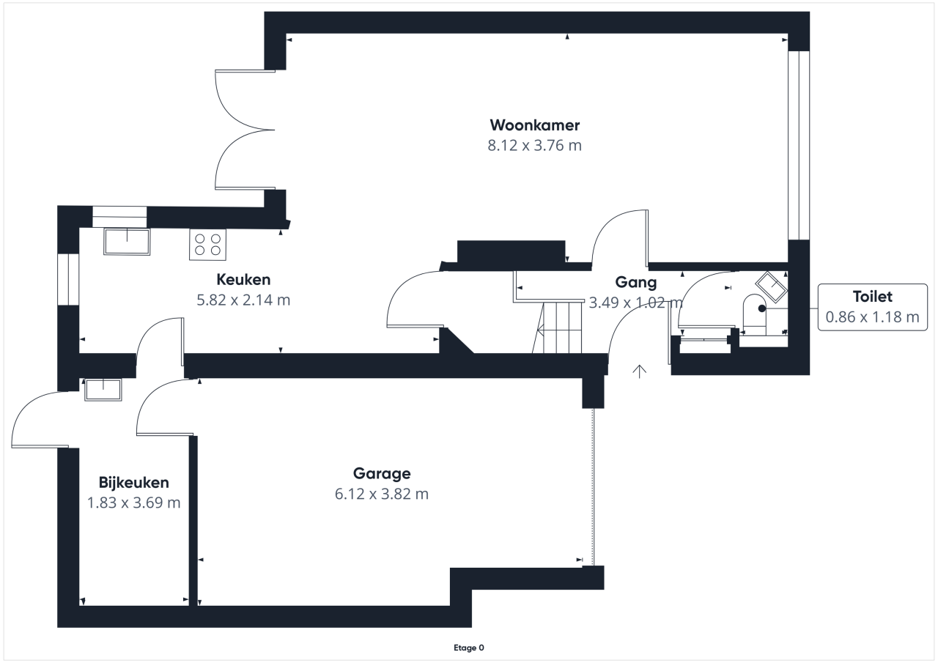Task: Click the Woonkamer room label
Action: click(535, 125)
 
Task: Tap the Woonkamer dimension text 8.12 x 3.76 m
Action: click(535, 146)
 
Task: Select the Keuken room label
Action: click(243, 280)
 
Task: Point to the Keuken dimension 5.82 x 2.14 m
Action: click(243, 300)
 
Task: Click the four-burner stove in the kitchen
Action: click(207, 245)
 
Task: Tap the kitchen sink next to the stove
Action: click(127, 242)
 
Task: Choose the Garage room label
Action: click(382, 474)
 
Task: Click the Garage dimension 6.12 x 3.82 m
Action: click(382, 495)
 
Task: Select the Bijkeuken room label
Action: click(134, 483)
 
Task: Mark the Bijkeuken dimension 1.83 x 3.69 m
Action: click(134, 503)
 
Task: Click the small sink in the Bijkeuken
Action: click(103, 390)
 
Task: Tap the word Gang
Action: click(635, 283)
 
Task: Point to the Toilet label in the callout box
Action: click(873, 297)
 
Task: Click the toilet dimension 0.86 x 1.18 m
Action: click(873, 317)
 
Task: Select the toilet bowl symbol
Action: click(755, 315)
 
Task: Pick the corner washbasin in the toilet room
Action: click(772, 286)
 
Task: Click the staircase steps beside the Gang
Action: click(558, 327)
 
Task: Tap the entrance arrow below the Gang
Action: click(640, 371)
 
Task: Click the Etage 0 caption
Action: click(469, 648)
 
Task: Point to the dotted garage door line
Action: click(593, 486)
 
